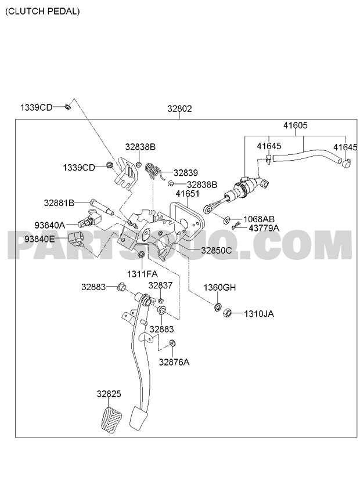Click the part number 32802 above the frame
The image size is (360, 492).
tap(179, 109)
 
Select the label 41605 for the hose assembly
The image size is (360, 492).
tap(296, 125)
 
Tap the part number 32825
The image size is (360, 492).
tap(109, 394)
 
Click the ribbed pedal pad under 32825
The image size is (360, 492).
tap(111, 421)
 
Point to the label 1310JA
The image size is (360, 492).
tap(259, 314)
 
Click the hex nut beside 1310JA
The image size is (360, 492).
tap(227, 313)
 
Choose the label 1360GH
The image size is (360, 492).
tap(219, 287)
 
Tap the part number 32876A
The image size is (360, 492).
tap(174, 363)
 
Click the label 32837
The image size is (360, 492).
tap(160, 285)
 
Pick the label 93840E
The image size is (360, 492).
tap(39, 239)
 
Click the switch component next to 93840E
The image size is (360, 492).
tap(75, 238)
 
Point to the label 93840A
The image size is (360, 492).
tap(49, 225)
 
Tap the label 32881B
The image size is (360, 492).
tap(59, 202)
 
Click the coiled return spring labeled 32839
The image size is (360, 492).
tap(154, 172)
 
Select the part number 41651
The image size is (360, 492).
tap(188, 194)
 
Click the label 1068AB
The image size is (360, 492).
tap(259, 219)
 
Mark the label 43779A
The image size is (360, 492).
tap(264, 228)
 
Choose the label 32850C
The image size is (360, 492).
tap(217, 251)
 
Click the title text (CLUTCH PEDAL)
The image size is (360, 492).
tap(43, 12)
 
